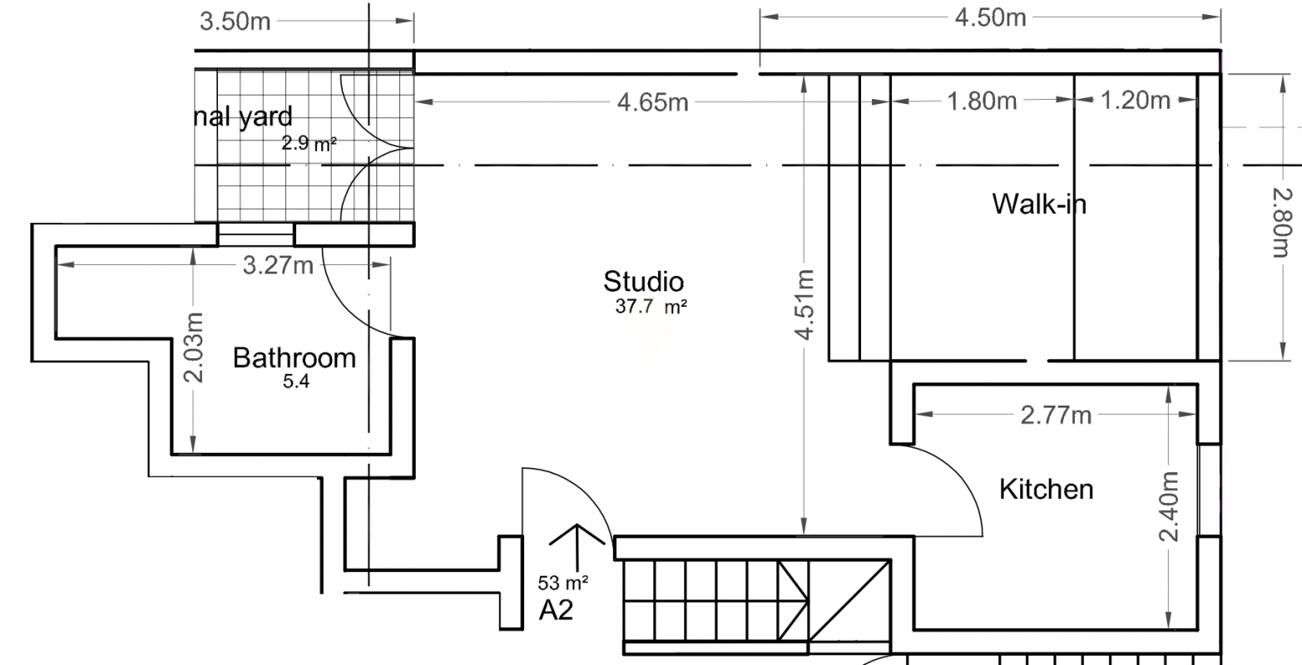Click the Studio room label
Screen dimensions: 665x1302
[643, 282]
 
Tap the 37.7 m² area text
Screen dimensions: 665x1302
[651, 306]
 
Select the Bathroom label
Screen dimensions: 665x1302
[294, 358]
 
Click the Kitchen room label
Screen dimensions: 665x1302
[1046, 489]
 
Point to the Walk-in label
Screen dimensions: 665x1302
[1039, 204]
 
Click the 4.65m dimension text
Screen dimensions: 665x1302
[652, 102]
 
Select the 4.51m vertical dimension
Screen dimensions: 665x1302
[805, 304]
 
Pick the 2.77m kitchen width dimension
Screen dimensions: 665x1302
[1056, 415]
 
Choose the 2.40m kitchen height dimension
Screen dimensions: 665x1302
[1169, 506]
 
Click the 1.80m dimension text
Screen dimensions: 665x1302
[982, 101]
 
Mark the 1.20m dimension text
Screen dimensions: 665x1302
[1136, 101]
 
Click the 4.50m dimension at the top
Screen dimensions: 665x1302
[990, 17]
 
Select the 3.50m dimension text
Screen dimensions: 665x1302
[235, 22]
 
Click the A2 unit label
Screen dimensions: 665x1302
[556, 611]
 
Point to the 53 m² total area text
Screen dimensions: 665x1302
[563, 581]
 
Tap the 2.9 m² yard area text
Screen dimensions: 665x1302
[309, 143]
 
